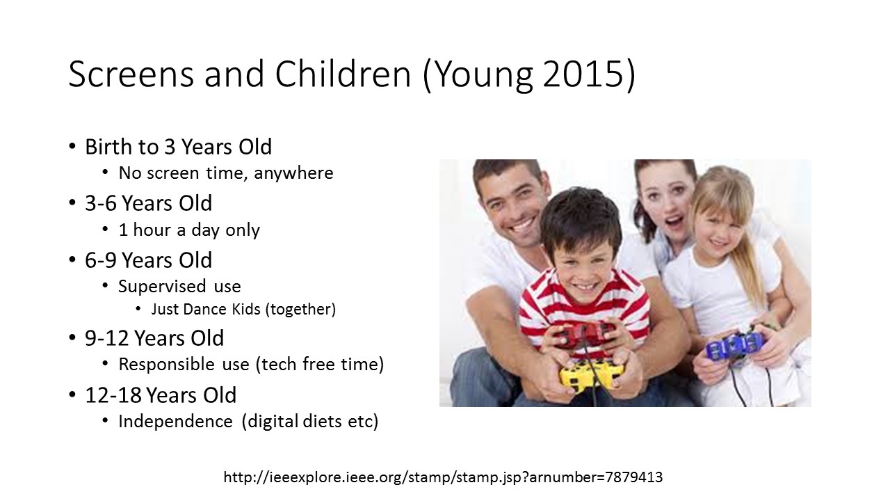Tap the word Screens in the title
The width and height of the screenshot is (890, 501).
click(x=131, y=74)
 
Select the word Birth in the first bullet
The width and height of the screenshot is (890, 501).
click(x=108, y=146)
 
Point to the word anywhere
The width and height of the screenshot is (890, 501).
click(x=293, y=173)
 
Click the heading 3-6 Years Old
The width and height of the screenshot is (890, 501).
click(x=149, y=203)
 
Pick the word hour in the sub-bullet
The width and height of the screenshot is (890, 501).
click(x=152, y=230)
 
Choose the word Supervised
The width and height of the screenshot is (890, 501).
click(x=162, y=287)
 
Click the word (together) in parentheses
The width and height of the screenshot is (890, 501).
click(x=300, y=310)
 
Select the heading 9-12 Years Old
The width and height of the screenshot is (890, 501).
click(x=154, y=338)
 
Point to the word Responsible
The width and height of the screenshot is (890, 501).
click(x=166, y=364)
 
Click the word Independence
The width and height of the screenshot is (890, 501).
click(x=176, y=422)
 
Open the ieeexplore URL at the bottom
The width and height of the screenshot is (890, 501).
click(x=443, y=477)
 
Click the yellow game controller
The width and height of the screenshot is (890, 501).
click(x=591, y=375)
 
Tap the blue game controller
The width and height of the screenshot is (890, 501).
click(x=734, y=345)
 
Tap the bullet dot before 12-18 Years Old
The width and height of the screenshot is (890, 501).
click(x=72, y=395)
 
